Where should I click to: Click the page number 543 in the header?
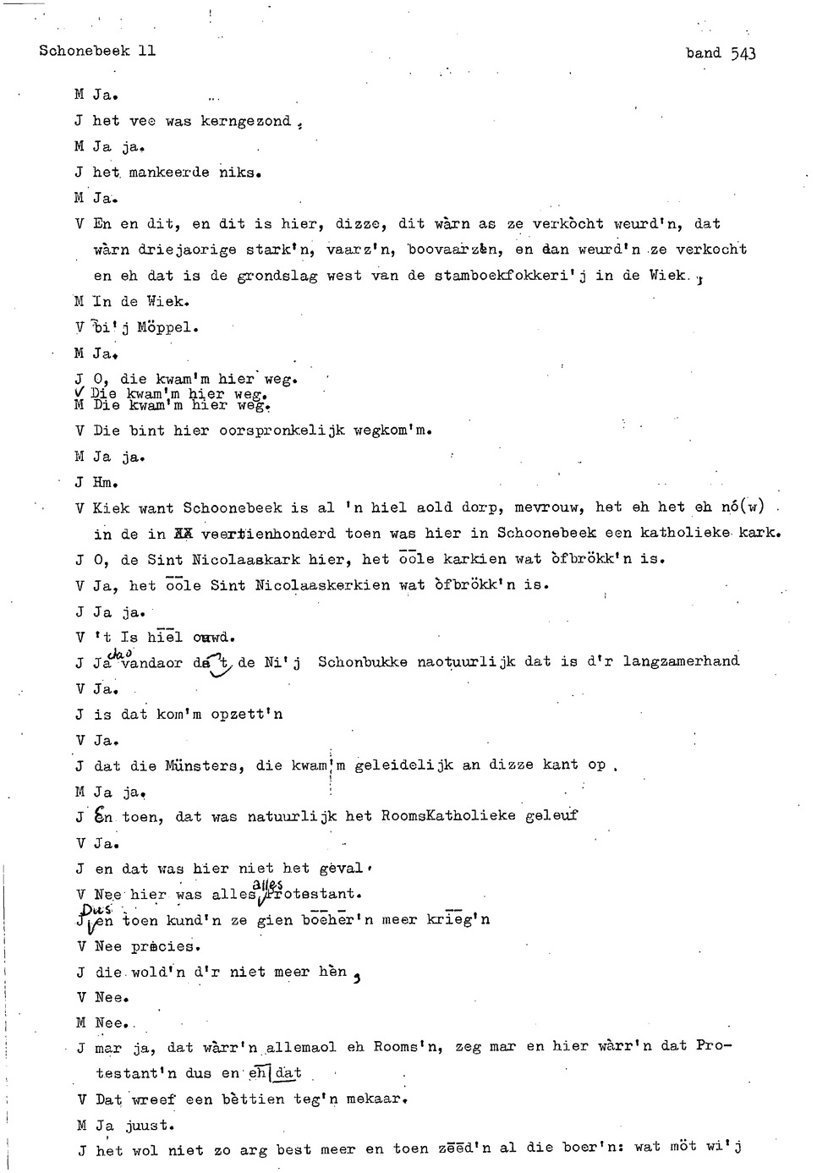point(743,53)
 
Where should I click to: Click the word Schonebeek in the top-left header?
point(84,51)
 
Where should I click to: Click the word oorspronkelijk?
point(282,430)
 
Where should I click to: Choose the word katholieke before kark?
point(685,534)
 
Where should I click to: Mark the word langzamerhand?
point(681,661)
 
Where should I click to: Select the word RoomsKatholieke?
point(447,817)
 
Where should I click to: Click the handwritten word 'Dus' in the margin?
point(90,907)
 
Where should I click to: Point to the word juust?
point(149,1126)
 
